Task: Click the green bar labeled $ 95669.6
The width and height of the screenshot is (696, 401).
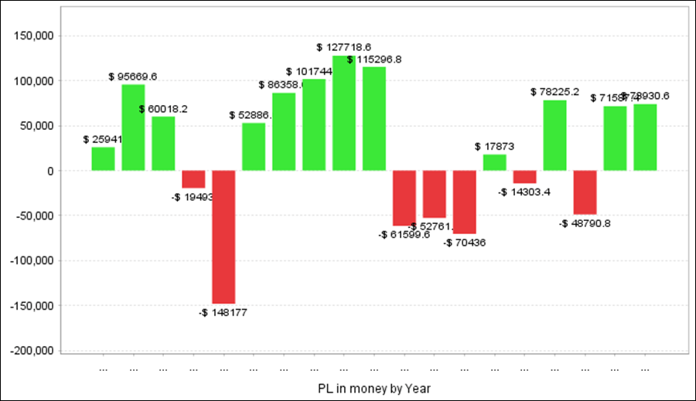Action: coord(133,127)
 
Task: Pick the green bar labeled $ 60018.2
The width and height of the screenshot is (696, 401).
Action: coord(163,143)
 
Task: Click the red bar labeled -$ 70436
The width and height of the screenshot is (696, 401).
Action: coord(465,202)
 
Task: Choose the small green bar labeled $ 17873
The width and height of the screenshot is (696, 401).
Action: coord(495,162)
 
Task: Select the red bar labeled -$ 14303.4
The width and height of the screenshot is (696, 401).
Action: coord(525,177)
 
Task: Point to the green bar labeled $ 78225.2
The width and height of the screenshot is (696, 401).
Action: coord(555,135)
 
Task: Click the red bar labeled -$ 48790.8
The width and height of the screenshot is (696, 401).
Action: coord(585,192)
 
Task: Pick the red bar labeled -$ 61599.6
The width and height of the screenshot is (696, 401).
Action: coord(404,198)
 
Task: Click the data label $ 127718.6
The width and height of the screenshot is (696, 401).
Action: coord(343,47)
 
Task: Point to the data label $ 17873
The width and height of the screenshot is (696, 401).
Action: coord(495,146)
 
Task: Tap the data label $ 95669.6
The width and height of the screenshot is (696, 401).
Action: coord(133,76)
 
